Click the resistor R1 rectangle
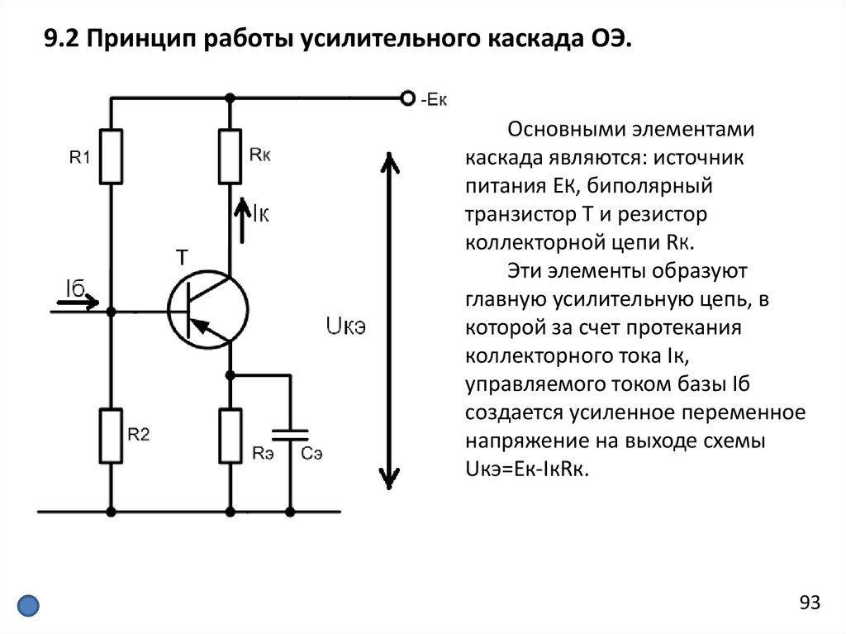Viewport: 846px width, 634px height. coord(111,156)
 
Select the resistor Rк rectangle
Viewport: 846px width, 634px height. coord(231,156)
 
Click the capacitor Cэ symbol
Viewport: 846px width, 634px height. coord(290,434)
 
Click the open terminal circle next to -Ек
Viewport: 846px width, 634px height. coord(406,98)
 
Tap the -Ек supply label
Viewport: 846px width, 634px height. coord(434,101)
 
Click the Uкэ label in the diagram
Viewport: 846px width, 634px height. coord(345,327)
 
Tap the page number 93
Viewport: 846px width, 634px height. coord(810,603)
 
